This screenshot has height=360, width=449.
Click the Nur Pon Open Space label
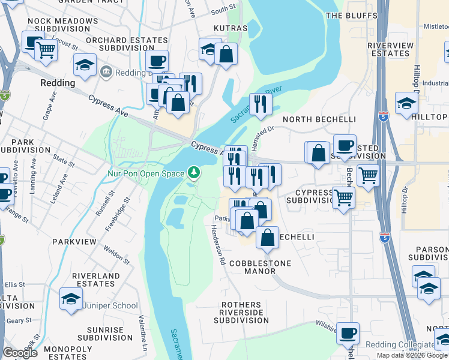coord(146,173)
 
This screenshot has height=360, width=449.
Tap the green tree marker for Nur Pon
coord(193,173)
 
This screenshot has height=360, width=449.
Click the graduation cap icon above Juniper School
coord(71,299)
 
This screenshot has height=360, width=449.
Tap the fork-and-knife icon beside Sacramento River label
coord(261,103)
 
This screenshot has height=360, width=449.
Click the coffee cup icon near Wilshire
coord(347,332)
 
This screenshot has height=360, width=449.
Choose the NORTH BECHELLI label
coord(319,119)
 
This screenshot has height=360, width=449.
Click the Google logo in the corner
coord(20,353)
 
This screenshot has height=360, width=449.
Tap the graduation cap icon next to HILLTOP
coord(406,103)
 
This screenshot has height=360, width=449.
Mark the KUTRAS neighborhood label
coord(231,28)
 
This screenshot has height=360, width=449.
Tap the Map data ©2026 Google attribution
coord(412,355)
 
